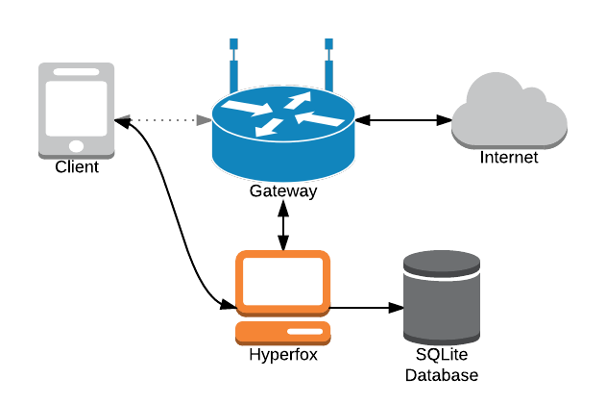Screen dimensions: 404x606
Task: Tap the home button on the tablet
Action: point(77,146)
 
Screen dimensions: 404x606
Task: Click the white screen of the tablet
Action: point(77,109)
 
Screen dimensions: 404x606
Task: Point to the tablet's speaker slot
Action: point(77,72)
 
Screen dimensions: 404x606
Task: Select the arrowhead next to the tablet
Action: point(122,118)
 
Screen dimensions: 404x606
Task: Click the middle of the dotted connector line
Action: point(163,120)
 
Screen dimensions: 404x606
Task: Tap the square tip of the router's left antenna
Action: point(233,44)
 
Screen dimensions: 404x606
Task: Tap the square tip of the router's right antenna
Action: point(328,44)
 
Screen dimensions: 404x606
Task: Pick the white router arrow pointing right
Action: point(249,107)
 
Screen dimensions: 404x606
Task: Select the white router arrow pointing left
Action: point(319,119)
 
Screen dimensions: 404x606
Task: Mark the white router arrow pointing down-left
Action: point(270,127)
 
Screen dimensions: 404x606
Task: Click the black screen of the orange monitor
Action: point(283,282)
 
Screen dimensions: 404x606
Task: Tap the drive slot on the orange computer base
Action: point(305,332)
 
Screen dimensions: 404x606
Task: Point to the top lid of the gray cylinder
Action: point(442,261)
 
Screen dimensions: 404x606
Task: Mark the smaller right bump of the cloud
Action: point(531,97)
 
